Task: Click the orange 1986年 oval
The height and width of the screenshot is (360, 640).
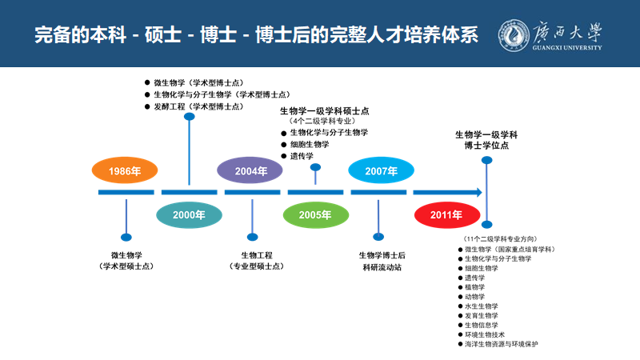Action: click(125, 171)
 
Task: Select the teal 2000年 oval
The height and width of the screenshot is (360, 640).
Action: click(189, 214)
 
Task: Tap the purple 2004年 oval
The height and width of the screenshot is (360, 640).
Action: click(251, 171)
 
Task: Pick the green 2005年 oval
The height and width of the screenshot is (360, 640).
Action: click(316, 214)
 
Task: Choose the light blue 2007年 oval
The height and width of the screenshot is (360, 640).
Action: click(381, 171)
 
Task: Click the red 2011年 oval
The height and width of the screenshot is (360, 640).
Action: click(446, 214)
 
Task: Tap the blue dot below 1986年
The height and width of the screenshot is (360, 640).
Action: click(126, 237)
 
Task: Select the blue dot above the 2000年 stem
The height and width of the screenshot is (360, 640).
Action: click(189, 117)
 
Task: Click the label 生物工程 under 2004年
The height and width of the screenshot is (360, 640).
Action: click(253, 254)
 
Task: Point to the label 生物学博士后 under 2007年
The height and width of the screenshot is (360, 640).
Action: click(382, 254)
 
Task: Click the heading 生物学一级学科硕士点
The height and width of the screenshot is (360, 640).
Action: click(324, 110)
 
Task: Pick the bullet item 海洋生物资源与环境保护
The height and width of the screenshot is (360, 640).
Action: click(501, 343)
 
